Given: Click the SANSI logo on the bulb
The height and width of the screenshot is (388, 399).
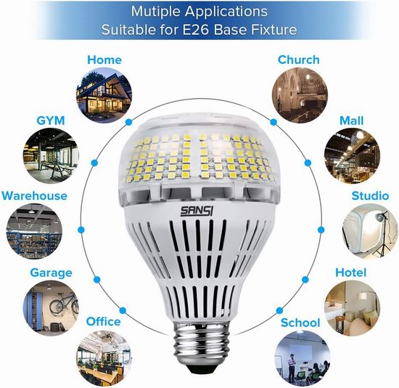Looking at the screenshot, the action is point(197,211).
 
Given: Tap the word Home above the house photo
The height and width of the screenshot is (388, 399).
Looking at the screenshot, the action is point(104,60).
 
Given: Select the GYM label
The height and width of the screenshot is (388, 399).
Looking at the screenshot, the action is point(51,121).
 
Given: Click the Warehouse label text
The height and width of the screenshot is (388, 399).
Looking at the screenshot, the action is point(34,195).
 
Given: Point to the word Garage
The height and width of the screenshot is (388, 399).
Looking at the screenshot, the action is point(52,273).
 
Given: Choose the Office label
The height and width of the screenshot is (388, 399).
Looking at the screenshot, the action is point(103,321).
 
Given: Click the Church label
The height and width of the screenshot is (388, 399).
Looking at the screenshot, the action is point(298,60).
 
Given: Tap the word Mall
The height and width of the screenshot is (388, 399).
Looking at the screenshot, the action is point(351,121).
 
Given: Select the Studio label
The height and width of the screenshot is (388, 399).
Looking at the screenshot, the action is point(370,195).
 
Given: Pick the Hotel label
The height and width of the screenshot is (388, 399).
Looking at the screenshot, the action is point(350,272).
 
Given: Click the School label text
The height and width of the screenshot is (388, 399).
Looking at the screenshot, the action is point(300,323).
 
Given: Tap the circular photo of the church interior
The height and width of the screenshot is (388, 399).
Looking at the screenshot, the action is point(300,96).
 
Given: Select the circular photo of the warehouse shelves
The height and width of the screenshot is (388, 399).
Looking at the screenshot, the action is point(34,232).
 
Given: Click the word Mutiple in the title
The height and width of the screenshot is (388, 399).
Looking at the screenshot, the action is point(156,12).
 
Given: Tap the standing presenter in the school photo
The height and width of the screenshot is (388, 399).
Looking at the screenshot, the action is point(292,365).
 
